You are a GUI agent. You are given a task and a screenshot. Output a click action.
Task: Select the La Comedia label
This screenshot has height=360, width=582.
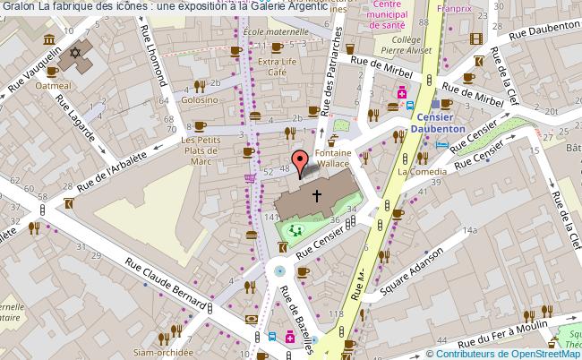(x=416, y=169)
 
